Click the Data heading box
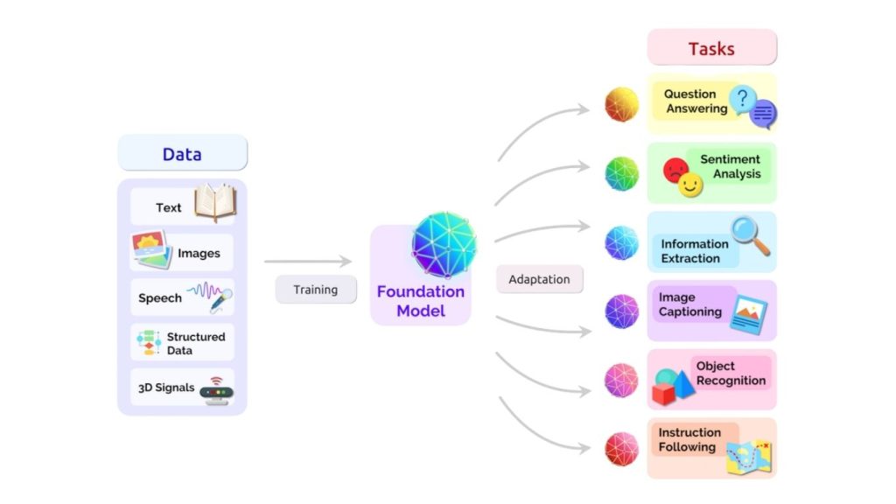[x=182, y=153]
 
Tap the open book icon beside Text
[x=214, y=203]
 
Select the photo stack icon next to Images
[x=151, y=250]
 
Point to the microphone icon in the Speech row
[x=220, y=300]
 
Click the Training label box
[x=315, y=290]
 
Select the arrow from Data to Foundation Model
[x=307, y=261]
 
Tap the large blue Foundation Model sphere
[x=444, y=244]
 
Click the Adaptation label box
[x=539, y=279]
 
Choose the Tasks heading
[x=711, y=47]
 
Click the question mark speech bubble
[x=743, y=99]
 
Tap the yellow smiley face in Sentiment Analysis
[x=690, y=184]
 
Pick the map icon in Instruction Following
[x=749, y=458]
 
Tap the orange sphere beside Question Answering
[x=622, y=104]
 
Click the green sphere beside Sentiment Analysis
[x=622, y=173]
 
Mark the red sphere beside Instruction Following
[x=622, y=449]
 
